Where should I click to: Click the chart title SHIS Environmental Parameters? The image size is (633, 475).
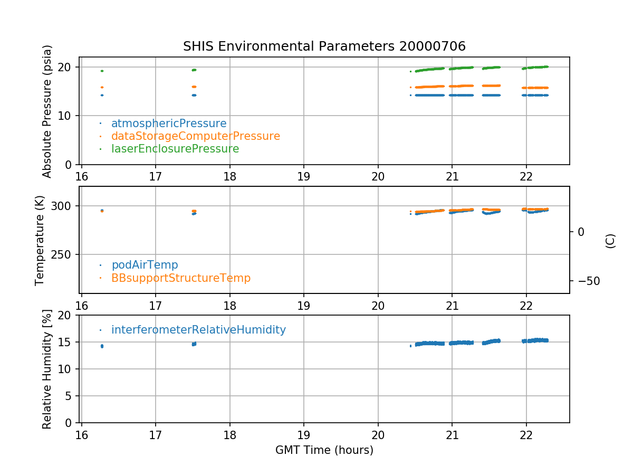point(324,46)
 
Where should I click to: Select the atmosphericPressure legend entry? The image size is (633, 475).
point(169,123)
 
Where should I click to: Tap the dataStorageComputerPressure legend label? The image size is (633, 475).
point(195,136)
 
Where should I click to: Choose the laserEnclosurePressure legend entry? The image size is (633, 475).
point(175,149)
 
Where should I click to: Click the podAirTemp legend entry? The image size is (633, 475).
point(145,265)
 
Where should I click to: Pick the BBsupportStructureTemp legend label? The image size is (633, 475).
point(180,278)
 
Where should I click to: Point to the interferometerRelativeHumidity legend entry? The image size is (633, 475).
point(198,330)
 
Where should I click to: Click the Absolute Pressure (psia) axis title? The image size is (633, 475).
point(47,111)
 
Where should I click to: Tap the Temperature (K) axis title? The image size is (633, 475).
point(40,240)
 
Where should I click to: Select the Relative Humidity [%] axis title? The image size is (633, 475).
point(47,369)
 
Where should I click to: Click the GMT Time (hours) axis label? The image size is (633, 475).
point(324,450)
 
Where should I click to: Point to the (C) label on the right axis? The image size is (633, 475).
point(610,240)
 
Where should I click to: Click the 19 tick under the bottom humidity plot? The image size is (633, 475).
point(304,431)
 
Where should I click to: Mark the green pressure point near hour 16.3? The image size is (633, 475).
point(102,71)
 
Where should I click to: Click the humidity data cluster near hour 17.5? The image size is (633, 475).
point(194,344)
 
